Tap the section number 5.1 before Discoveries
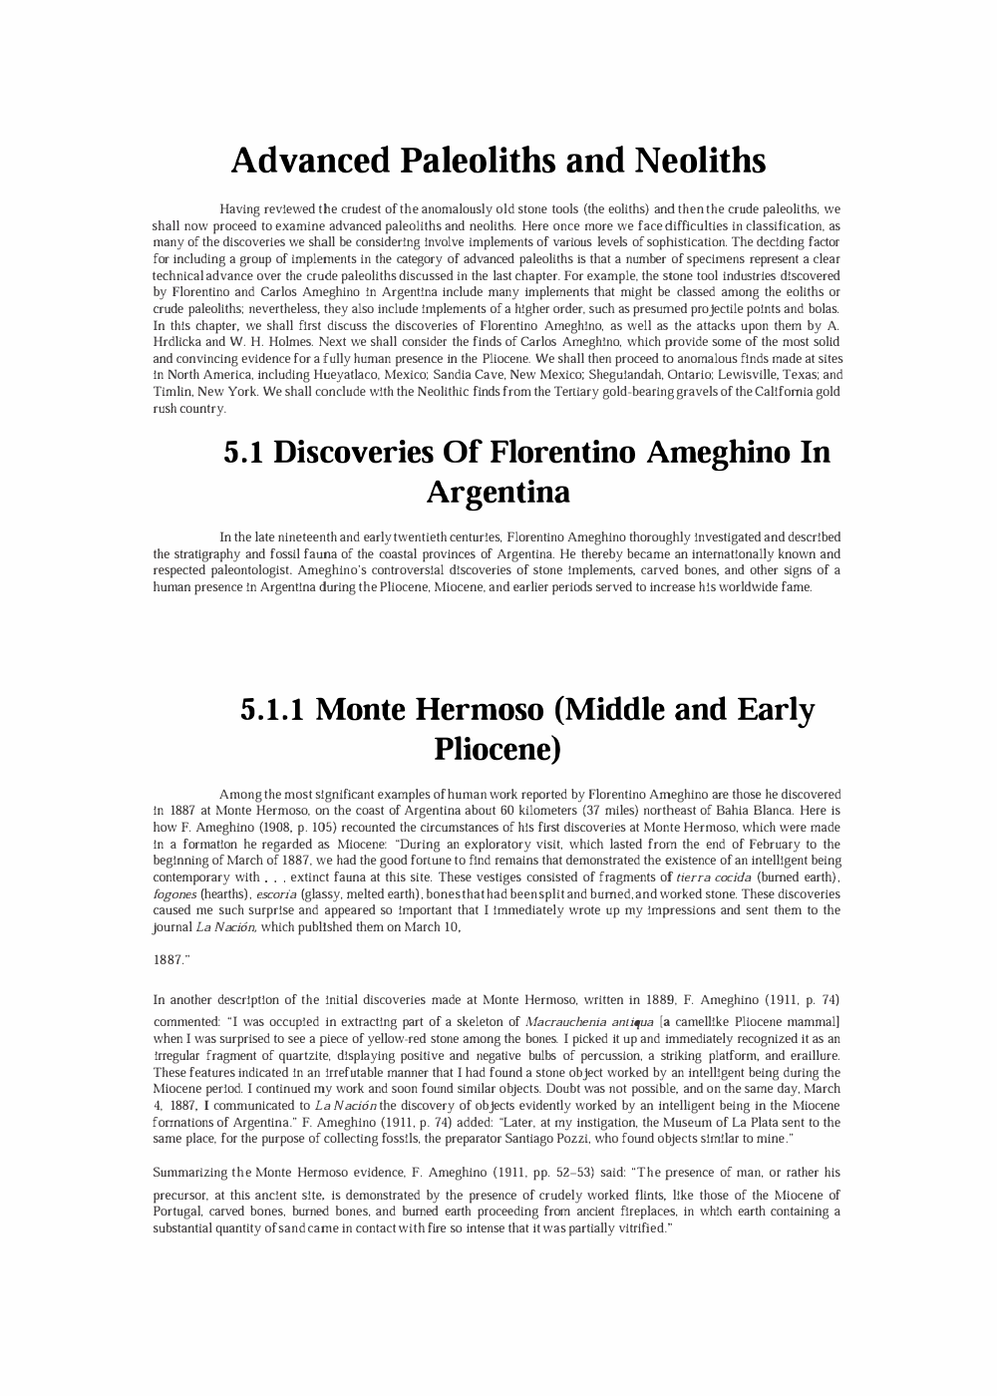point(244,453)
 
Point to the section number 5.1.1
point(274,710)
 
